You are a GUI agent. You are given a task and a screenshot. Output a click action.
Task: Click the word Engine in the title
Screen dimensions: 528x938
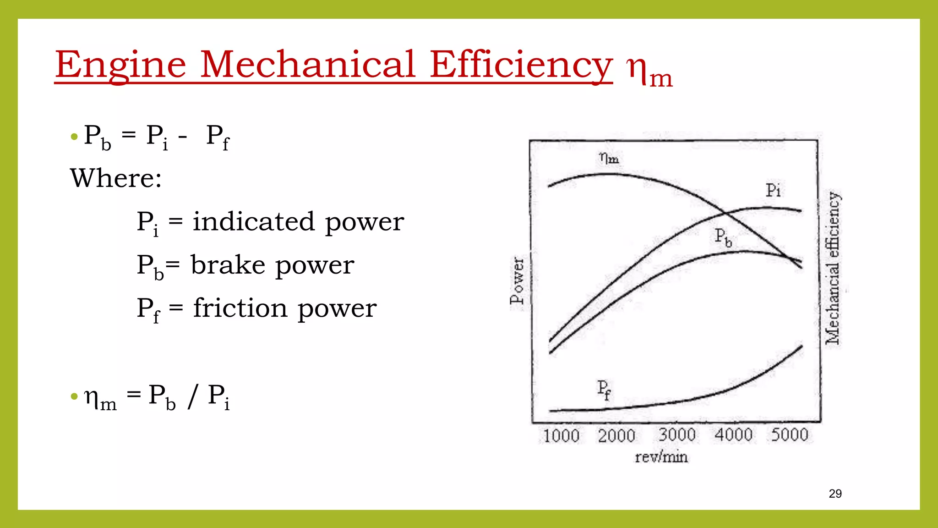pos(120,65)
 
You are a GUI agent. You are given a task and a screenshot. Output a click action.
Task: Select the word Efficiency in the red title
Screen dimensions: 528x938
pos(521,65)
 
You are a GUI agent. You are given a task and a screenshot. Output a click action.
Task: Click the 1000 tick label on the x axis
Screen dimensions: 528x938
pos(561,435)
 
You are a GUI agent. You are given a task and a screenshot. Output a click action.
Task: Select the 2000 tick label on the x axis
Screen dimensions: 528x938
pos(616,435)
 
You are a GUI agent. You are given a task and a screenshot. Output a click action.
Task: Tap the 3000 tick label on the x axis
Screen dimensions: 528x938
pos(677,434)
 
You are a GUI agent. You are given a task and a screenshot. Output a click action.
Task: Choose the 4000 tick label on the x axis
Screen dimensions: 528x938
pos(734,434)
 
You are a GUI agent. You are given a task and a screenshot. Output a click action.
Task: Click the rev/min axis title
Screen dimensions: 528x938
pos(661,457)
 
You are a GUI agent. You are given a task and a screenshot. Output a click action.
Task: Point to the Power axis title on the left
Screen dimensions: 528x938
pos(517,280)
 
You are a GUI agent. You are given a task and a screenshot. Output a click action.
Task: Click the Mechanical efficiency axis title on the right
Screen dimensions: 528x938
pos(833,268)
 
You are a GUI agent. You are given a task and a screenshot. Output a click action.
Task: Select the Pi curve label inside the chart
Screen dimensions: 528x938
pos(773,190)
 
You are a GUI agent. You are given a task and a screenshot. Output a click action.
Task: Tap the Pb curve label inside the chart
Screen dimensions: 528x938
pos(723,237)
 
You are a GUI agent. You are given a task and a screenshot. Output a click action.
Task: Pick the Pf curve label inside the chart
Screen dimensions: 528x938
pos(604,390)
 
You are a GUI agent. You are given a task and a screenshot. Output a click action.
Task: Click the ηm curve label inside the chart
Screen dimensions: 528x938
pos(609,159)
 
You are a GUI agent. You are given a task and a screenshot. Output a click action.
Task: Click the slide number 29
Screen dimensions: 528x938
pos(835,494)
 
